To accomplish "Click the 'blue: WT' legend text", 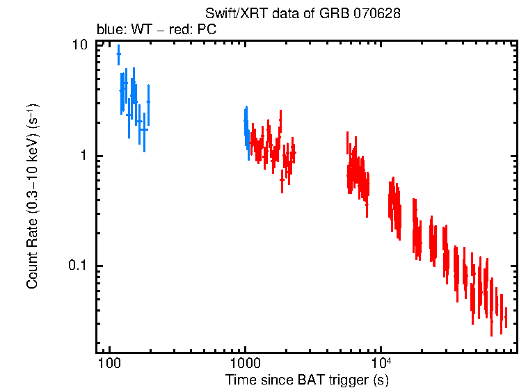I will click(121, 31).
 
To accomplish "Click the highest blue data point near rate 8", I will click(118, 54).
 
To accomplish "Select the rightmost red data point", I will click(506, 316).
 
